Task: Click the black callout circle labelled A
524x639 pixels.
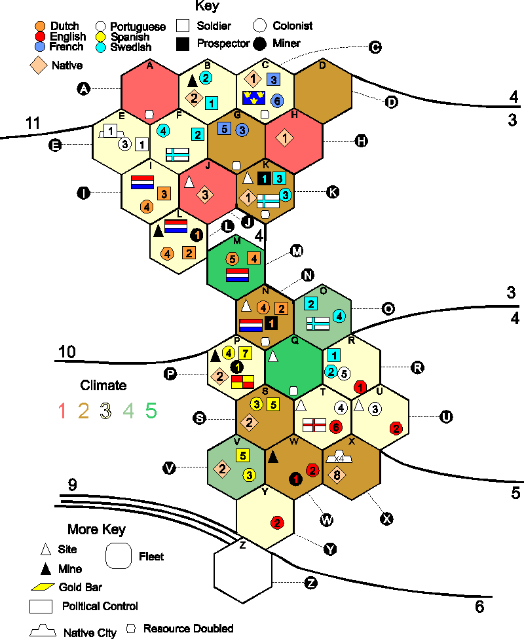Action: pyautogui.click(x=84, y=88)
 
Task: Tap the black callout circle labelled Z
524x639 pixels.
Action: pyautogui.click(x=311, y=583)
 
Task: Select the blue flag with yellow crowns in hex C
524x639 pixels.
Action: pyautogui.click(x=253, y=98)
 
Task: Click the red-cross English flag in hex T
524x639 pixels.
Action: pyautogui.click(x=314, y=425)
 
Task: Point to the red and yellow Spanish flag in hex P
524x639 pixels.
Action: pyautogui.click(x=242, y=382)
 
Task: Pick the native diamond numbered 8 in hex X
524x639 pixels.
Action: pyautogui.click(x=337, y=475)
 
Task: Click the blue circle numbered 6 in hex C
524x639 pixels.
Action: pyautogui.click(x=277, y=101)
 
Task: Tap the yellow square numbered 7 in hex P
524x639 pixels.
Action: pyautogui.click(x=245, y=353)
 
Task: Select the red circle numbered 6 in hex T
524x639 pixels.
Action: pyautogui.click(x=336, y=427)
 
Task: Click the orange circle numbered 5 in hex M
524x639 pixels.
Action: pyautogui.click(x=233, y=259)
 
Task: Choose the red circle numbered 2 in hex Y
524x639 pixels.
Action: pyautogui.click(x=277, y=523)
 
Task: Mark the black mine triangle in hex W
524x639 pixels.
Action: pyautogui.click(x=272, y=457)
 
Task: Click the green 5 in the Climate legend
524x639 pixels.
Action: pyautogui.click(x=151, y=411)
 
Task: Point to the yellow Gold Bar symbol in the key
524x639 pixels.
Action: pyautogui.click(x=43, y=587)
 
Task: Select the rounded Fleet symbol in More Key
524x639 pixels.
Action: pyautogui.click(x=119, y=556)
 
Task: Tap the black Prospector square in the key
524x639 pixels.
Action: pyautogui.click(x=183, y=44)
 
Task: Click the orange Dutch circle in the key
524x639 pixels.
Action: pyautogui.click(x=40, y=26)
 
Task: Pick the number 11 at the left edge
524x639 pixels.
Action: pyautogui.click(x=33, y=123)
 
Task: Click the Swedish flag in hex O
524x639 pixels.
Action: pyautogui.click(x=318, y=323)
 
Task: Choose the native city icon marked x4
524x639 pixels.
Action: pyautogui.click(x=339, y=457)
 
